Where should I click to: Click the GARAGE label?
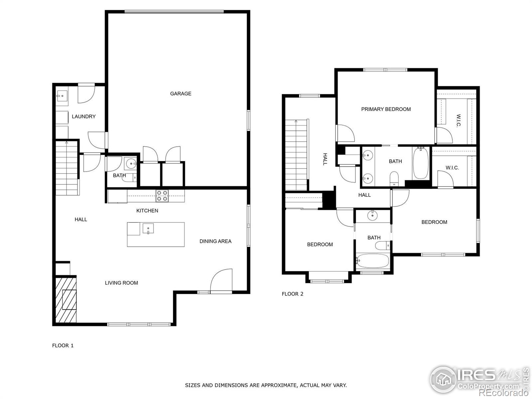[181, 94]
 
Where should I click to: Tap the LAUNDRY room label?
[83, 116]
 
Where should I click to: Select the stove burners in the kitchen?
[162, 196]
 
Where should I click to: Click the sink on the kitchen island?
[148, 228]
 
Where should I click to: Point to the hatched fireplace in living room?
[66, 299]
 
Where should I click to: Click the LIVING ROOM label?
[121, 283]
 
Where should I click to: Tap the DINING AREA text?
[215, 241]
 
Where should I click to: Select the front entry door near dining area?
[221, 281]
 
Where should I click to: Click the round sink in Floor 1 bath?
[130, 164]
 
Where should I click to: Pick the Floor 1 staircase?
[67, 168]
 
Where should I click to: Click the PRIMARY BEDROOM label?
[386, 109]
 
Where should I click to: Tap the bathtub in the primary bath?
[421, 163]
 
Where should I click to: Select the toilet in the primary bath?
[394, 178]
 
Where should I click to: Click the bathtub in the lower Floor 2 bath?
[372, 261]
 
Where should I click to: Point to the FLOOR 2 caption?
[292, 294]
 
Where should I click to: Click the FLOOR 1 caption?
[63, 345]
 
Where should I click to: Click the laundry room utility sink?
[62, 96]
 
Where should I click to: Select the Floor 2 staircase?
[296, 155]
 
